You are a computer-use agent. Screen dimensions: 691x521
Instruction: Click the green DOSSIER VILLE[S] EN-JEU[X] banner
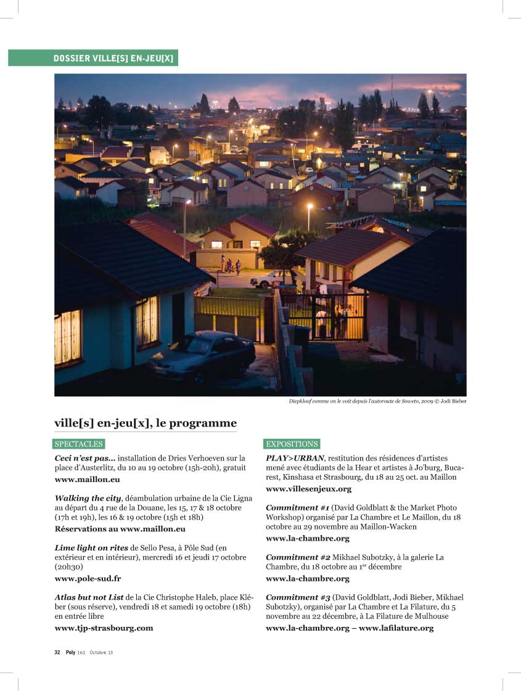pyautogui.click(x=93, y=58)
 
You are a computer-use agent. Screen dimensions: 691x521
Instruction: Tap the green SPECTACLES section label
pyautogui.click(x=79, y=444)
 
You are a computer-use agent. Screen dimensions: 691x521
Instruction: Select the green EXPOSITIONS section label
pyautogui.click(x=292, y=444)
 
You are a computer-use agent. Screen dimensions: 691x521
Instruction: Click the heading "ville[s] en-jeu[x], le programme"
pyautogui.click(x=146, y=423)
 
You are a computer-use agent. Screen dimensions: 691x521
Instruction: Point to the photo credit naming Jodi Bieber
pyautogui.click(x=377, y=401)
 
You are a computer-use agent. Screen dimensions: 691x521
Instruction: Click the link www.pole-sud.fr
pyautogui.click(x=88, y=579)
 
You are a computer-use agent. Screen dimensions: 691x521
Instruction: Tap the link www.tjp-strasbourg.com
pyautogui.click(x=104, y=628)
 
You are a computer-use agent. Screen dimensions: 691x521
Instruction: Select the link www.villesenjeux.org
pyautogui.click(x=308, y=489)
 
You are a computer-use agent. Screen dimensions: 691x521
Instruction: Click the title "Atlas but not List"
pyautogui.click(x=89, y=597)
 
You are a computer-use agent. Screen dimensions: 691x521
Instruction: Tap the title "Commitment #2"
pyautogui.click(x=298, y=557)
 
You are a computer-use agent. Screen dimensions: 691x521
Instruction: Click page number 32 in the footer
pyautogui.click(x=57, y=652)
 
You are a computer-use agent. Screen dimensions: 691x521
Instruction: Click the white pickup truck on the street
pyautogui.click(x=271, y=279)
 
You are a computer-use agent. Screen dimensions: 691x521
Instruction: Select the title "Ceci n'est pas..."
pyautogui.click(x=84, y=458)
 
